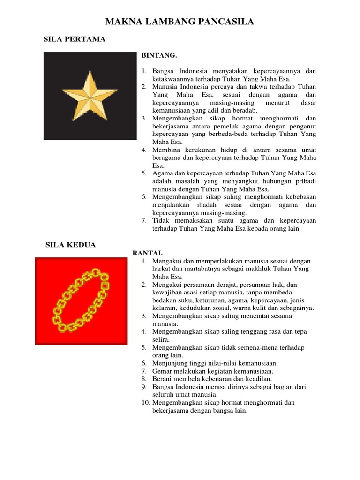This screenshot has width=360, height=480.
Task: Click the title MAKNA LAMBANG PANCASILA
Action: tap(180, 22)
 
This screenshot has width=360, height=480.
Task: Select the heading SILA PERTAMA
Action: tap(75, 39)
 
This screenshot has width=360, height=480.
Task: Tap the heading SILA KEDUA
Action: tap(70, 245)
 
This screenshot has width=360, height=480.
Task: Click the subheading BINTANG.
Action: tap(159, 55)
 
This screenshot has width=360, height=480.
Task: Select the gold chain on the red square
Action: tap(80, 299)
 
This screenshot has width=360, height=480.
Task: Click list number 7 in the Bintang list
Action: tap(144, 221)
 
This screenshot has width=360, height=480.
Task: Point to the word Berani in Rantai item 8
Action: tap(162, 379)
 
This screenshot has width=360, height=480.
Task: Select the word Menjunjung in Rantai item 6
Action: tap(169, 363)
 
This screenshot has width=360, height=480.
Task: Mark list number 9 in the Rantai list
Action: tap(144, 387)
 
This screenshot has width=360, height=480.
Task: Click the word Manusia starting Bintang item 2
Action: tap(164, 87)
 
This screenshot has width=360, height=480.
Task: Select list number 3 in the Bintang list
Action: tap(144, 118)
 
